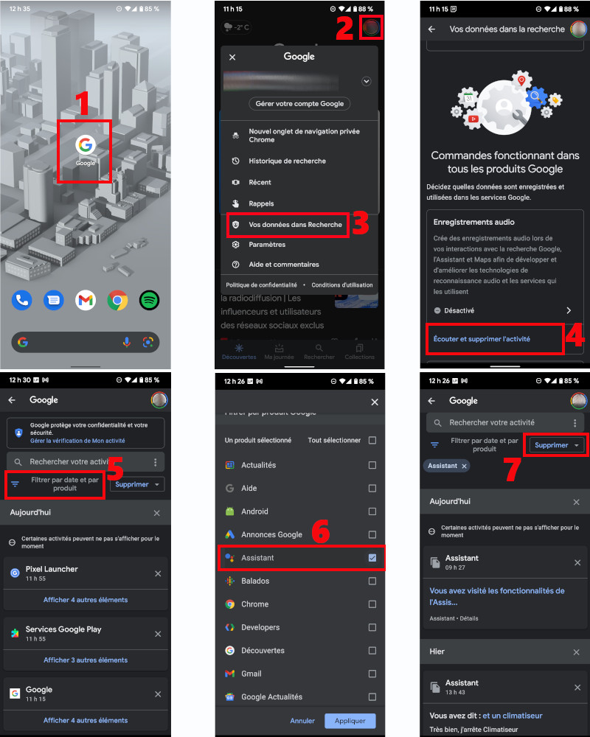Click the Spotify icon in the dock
tap(150, 300)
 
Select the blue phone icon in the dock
tap(21, 300)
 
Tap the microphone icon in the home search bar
tap(127, 342)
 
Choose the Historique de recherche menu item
tap(287, 161)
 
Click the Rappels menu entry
tap(261, 203)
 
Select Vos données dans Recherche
tap(295, 225)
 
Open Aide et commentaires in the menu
tap(283, 265)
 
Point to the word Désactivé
tap(459, 311)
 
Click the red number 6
tap(320, 533)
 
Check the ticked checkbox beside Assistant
tap(372, 558)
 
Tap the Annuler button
tap(302, 721)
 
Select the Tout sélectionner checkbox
tap(372, 440)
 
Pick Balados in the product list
tap(255, 581)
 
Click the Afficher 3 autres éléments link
tap(86, 660)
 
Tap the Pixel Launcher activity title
tap(52, 569)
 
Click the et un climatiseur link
tap(513, 716)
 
